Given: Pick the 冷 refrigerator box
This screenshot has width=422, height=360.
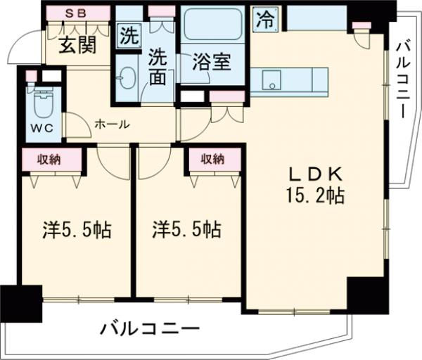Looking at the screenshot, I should [265, 19].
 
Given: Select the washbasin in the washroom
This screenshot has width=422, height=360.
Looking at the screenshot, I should [127, 77].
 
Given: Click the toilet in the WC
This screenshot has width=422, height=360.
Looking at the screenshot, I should [42, 104].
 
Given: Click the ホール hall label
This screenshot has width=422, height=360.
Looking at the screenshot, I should [111, 124].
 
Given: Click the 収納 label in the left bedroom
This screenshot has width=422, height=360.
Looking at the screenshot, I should [49, 160].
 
